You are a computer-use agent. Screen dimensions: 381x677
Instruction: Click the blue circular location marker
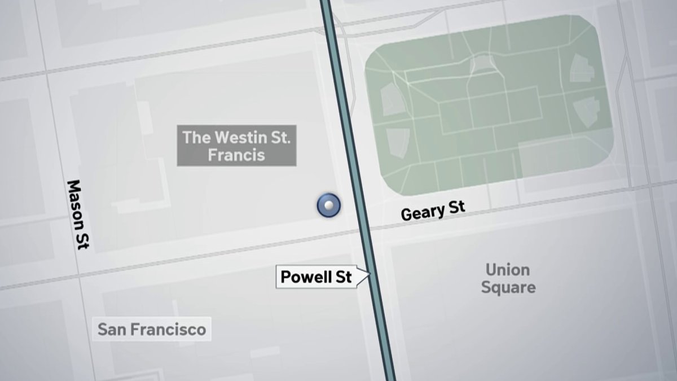click(328, 205)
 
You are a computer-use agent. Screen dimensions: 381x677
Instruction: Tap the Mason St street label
click(78, 215)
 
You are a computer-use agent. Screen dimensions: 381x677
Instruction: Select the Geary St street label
click(433, 211)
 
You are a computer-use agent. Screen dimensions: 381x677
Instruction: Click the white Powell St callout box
click(316, 277)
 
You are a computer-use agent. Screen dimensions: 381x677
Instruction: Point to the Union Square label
click(508, 278)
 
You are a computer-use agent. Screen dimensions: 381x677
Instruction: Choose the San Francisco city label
click(152, 329)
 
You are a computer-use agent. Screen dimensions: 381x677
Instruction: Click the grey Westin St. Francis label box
click(236, 146)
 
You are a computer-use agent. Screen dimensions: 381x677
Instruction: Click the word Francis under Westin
click(236, 155)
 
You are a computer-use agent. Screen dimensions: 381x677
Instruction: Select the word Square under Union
click(508, 287)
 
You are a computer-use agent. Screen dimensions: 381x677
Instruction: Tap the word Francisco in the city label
click(167, 329)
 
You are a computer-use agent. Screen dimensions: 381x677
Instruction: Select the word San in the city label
click(111, 329)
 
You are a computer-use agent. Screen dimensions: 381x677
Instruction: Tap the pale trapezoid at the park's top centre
click(481, 64)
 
